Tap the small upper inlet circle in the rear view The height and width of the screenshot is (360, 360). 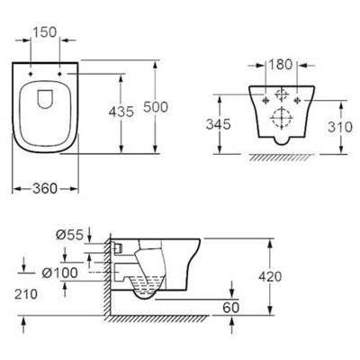(283, 94)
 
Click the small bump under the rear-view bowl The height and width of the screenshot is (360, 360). (282, 139)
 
